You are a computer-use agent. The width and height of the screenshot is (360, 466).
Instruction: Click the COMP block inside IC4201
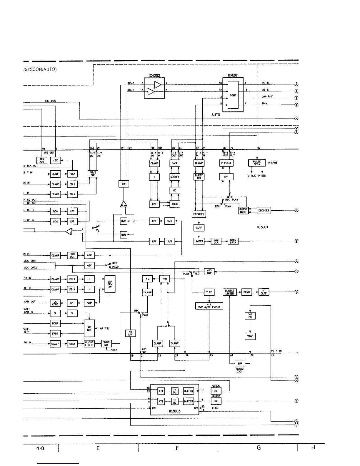coord(233,95)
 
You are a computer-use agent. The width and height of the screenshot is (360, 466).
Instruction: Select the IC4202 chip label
coord(154,75)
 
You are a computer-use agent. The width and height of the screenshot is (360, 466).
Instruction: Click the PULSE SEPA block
coord(257,163)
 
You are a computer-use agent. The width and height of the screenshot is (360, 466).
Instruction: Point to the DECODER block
coord(264,211)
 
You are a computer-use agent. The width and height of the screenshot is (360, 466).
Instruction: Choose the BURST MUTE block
coord(243,211)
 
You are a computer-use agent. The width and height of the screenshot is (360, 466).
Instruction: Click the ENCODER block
coord(199,214)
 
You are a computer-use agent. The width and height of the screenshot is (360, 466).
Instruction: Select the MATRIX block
coord(175,177)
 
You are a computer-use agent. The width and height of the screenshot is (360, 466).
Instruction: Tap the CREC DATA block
coord(233,241)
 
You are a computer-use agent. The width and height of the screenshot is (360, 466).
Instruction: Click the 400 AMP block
coord(209,272)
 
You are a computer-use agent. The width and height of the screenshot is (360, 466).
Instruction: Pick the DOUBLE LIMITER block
coord(229,292)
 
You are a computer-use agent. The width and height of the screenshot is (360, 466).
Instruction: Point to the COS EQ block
coord(250,316)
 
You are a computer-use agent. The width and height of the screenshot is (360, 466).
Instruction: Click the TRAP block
coord(250,336)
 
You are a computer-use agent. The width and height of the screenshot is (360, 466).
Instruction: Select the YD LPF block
coord(130,333)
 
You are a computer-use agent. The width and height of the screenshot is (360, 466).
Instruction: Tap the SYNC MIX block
coord(106,344)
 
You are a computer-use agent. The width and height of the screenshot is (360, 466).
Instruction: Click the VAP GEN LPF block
coord(110,284)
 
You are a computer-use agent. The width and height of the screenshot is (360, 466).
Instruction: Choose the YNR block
coord(164,279)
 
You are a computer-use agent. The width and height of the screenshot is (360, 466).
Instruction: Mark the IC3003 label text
coord(175,411)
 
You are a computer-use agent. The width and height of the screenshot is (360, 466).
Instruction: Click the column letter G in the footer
coord(259,447)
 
